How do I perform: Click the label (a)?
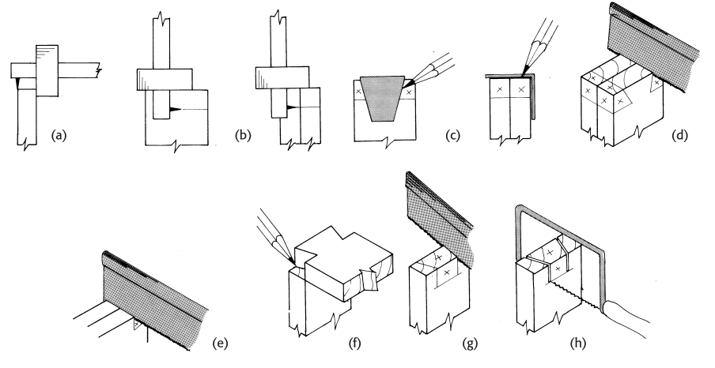[59, 135]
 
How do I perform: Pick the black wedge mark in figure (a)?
[17, 81]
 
